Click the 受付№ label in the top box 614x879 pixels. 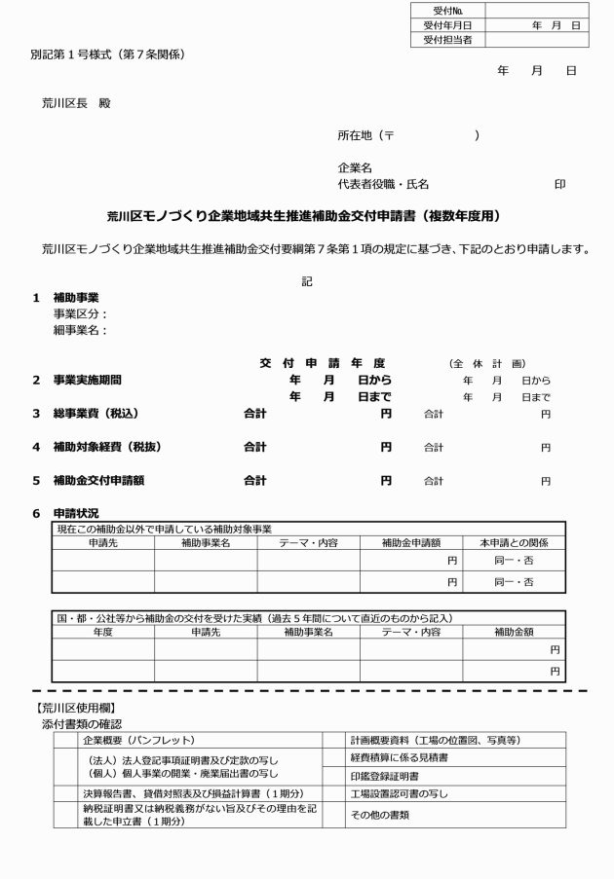[x=447, y=10]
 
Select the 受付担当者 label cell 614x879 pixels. [x=447, y=40]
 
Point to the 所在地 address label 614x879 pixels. [x=359, y=136]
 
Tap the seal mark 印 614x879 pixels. [x=559, y=183]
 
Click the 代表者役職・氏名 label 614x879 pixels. [x=383, y=183]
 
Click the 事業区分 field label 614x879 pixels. [x=80, y=313]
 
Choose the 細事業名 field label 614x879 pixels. [x=80, y=329]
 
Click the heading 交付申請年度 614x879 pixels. [x=323, y=362]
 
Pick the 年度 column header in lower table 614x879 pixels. [x=102, y=631]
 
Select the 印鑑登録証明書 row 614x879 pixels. [x=384, y=776]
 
